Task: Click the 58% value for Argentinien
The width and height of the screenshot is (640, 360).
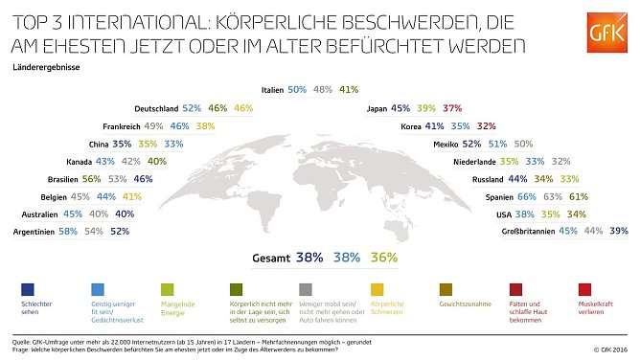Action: pyautogui.click(x=68, y=232)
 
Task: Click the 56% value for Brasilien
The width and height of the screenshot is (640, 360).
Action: pyautogui.click(x=92, y=179)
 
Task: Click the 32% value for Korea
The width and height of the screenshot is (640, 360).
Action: pyautogui.click(x=486, y=126)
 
